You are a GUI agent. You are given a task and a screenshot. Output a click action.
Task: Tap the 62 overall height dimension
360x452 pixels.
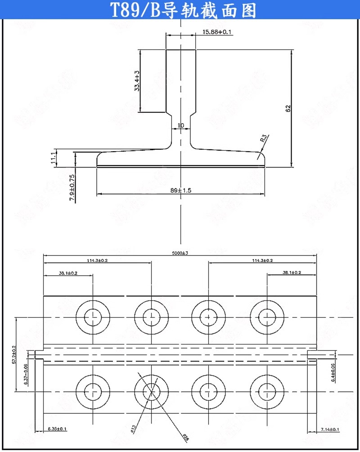point(288,108)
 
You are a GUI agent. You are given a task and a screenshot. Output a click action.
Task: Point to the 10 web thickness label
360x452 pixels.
point(181,125)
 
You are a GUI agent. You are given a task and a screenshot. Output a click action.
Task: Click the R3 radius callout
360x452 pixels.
point(264,138)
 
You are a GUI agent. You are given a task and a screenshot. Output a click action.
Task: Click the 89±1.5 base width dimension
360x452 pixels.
point(181,191)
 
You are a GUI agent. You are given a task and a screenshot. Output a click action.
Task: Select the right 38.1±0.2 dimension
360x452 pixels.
point(292,273)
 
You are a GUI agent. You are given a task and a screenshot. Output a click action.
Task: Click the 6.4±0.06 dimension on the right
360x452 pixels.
point(333,373)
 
